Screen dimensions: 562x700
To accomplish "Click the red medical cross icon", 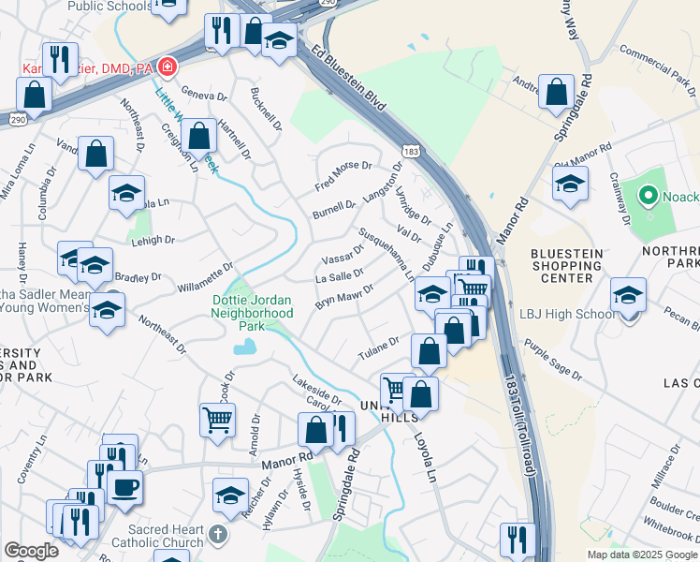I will (x=168, y=67).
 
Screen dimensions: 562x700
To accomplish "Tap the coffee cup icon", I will (x=124, y=486).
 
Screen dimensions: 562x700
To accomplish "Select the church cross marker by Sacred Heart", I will (x=217, y=535).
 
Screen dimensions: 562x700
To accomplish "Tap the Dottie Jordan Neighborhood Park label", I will (x=250, y=313).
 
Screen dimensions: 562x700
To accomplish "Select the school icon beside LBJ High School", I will (x=628, y=295).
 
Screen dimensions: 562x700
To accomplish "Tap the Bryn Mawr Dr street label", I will (x=343, y=297).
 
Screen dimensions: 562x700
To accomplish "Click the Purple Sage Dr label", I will (x=553, y=362).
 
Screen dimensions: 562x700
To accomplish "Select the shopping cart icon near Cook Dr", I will (x=217, y=419).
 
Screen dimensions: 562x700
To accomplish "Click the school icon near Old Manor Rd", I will (x=569, y=184).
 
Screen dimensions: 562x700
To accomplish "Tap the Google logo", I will (x=31, y=551).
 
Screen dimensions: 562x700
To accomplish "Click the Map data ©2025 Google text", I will (x=642, y=555).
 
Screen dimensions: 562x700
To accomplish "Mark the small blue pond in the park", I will (x=245, y=348).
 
